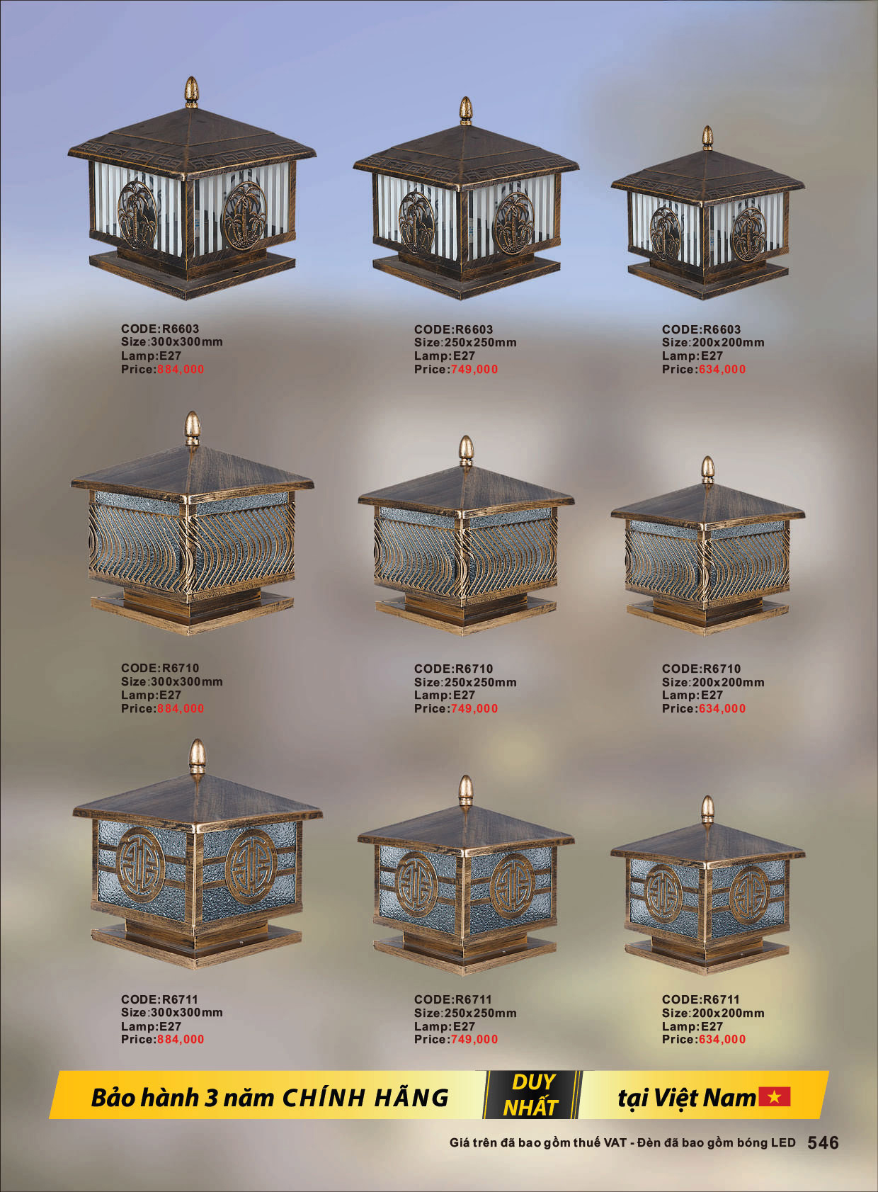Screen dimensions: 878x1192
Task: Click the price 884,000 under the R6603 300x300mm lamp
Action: [181, 369]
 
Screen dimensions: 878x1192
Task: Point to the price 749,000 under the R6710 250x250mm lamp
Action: [474, 708]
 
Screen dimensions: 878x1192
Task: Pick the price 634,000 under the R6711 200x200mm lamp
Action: [722, 1039]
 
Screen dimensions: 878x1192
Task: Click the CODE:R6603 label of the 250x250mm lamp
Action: [453, 329]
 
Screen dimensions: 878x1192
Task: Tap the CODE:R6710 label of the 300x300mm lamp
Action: [160, 668]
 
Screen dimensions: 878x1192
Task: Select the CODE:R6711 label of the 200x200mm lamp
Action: [701, 999]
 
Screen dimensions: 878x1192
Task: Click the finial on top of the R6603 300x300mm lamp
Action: [192, 91]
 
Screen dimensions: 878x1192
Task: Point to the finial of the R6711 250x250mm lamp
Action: [466, 791]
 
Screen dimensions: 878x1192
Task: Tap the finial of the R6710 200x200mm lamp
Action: [707, 470]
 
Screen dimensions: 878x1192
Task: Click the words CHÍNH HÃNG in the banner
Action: [365, 1098]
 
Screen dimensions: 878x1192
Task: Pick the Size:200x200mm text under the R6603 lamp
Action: [713, 343]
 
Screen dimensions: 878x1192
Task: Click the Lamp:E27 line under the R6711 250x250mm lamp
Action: [445, 1026]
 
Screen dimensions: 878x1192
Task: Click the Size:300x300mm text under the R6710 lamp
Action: [172, 681]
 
